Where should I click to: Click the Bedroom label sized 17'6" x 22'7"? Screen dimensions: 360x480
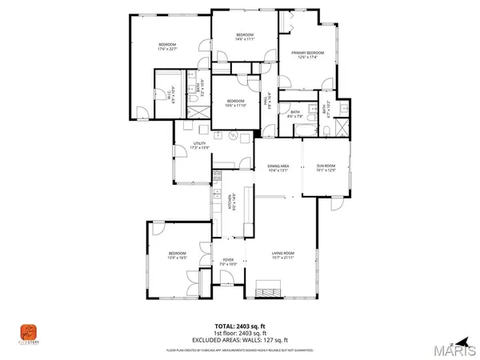166,46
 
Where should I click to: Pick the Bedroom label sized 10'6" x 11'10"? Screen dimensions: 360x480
233,102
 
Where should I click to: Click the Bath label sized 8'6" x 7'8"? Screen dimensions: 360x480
295,114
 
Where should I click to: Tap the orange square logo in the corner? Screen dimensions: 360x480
29,330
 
